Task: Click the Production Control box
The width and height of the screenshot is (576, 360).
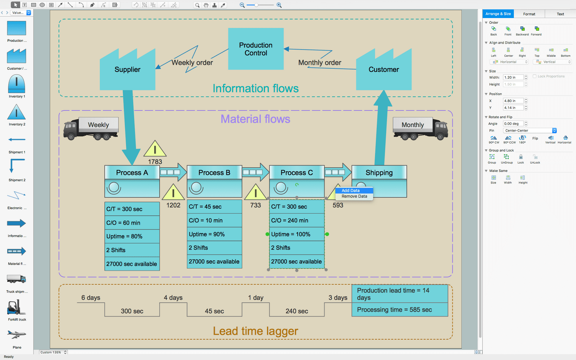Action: (x=256, y=49)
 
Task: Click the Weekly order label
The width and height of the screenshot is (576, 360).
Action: (x=192, y=63)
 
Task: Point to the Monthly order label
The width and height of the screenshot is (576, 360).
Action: (x=319, y=63)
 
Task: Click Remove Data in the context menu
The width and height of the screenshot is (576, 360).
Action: (x=354, y=197)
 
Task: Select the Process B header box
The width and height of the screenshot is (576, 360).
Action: (x=214, y=173)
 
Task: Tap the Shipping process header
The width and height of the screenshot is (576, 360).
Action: (x=379, y=173)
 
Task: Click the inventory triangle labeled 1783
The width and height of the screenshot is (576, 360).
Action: (x=155, y=149)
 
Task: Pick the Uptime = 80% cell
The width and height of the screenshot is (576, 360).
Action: (x=132, y=236)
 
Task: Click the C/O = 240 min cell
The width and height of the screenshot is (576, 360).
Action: (x=297, y=220)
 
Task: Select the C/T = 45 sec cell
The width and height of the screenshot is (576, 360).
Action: (x=214, y=206)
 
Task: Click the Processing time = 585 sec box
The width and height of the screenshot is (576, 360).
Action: (x=399, y=310)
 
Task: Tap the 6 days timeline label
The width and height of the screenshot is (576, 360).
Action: (x=91, y=297)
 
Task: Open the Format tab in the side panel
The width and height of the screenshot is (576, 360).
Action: (x=529, y=14)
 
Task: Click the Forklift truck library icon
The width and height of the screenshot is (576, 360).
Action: (x=17, y=308)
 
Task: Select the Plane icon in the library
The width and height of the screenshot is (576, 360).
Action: (x=17, y=335)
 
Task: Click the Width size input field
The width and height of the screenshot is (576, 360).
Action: (x=513, y=78)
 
